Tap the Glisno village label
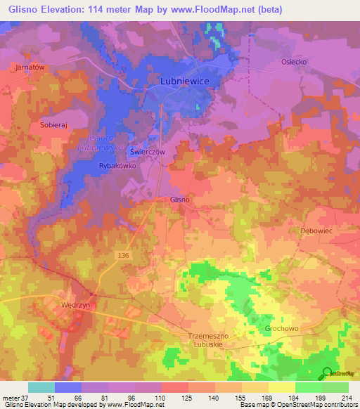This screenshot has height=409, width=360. coord(180,200)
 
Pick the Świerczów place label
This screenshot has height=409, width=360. coord(166,152)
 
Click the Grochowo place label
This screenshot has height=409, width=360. coord(283,327)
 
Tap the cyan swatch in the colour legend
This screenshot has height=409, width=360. coord(41,387)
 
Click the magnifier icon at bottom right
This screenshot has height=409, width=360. coord(328,373)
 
